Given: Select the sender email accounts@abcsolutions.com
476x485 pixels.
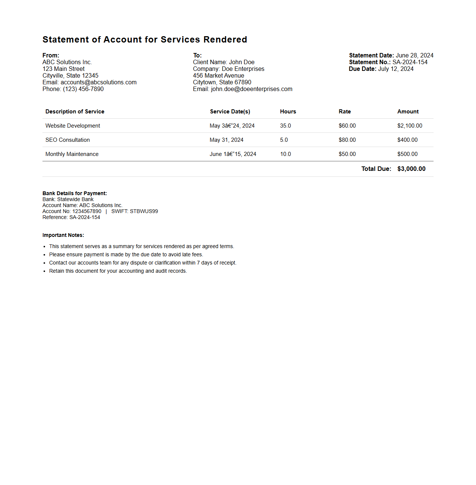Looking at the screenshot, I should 98,82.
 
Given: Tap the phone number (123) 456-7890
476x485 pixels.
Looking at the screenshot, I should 83,89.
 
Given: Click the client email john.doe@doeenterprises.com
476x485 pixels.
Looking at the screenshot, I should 251,89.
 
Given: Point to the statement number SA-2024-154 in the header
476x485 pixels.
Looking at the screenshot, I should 410,62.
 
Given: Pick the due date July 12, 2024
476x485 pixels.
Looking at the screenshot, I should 396,69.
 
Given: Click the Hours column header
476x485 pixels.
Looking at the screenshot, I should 288,112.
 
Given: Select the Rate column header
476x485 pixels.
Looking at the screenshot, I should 345,112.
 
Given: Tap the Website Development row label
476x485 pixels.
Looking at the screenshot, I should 73,126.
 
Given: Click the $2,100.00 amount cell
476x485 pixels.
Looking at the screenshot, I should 410,126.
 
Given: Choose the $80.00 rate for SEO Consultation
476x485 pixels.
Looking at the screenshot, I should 347,140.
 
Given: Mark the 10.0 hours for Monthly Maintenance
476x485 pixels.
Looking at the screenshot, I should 285,154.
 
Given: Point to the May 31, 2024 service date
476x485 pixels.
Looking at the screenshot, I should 226,140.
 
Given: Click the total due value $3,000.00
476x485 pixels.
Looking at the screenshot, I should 411,169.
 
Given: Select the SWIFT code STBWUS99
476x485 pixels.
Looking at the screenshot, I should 144,212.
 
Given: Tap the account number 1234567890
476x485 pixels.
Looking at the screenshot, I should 87,212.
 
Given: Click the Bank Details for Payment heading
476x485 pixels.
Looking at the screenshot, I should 74,193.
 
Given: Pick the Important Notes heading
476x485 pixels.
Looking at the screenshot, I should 63,235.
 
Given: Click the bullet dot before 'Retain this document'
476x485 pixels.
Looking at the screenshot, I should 45,271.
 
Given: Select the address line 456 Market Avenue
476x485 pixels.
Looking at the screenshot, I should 218,76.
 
